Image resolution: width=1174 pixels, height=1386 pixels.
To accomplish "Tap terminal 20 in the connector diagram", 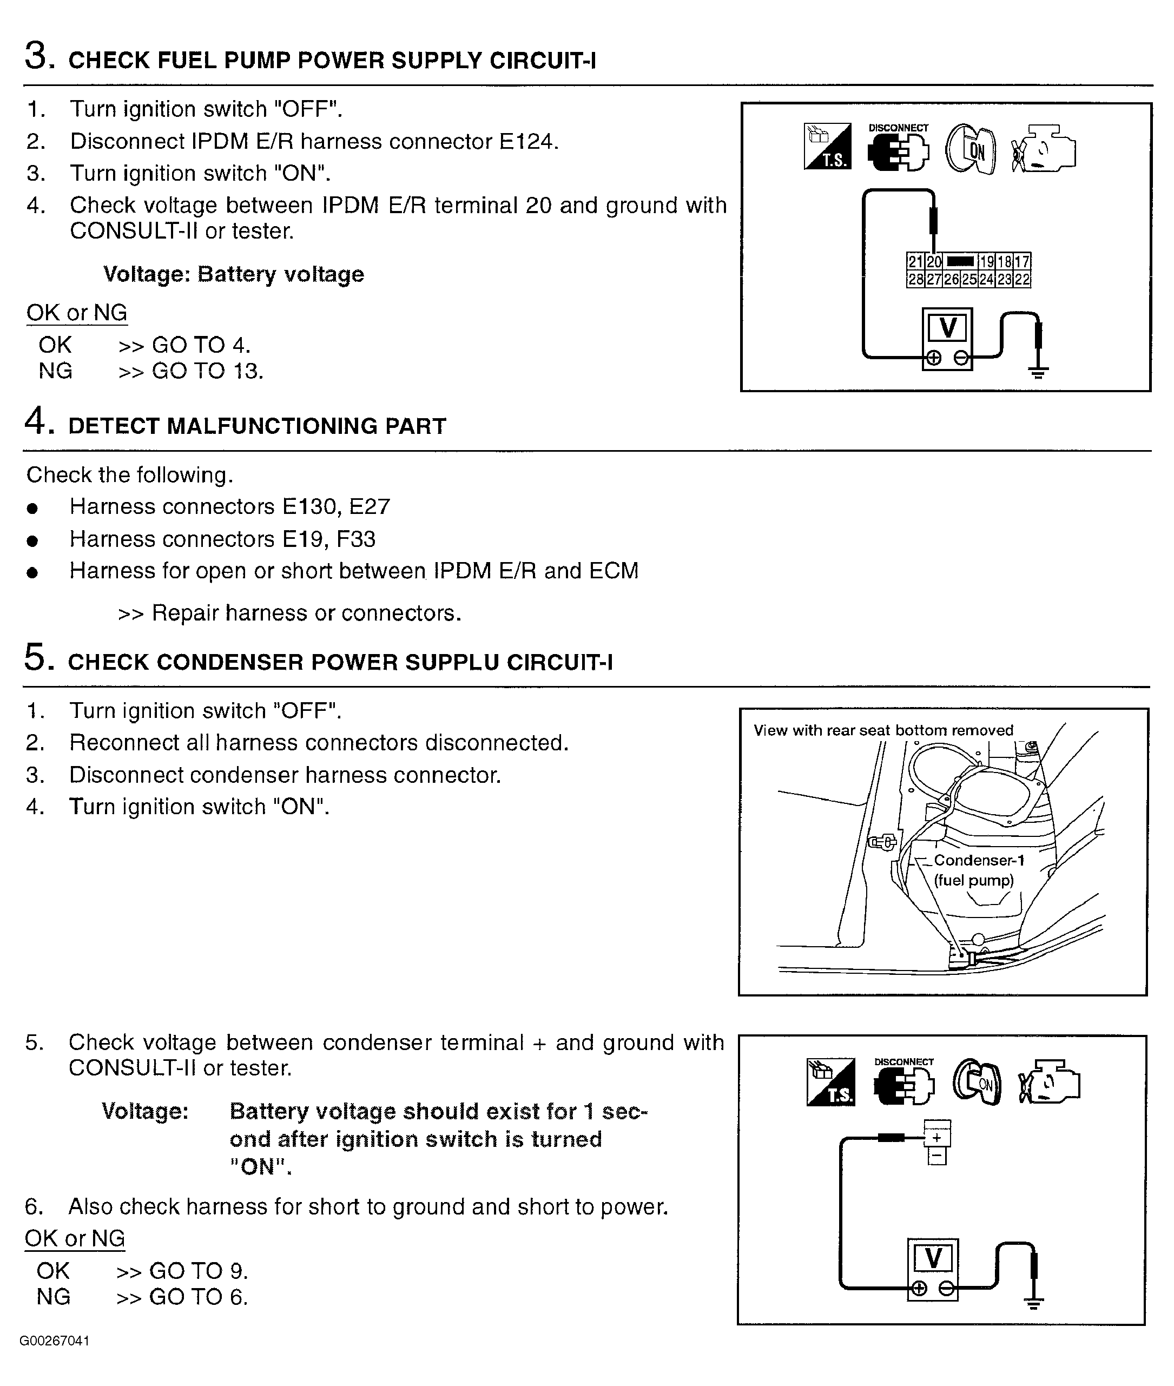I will pos(934,261).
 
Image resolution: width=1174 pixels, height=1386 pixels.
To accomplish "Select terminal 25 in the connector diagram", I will pos(969,280).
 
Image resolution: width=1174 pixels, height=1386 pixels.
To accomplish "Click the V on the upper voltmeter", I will pos(947,328).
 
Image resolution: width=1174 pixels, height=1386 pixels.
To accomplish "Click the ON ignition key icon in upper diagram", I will pos(971,150).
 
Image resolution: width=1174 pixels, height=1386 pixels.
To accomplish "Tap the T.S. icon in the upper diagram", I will pos(827,147).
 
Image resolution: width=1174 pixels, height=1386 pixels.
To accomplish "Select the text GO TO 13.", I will pos(208,371).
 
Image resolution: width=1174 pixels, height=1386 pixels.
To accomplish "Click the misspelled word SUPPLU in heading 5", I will pos(452,663).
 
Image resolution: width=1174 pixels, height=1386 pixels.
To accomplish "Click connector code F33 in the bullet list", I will pos(355,539).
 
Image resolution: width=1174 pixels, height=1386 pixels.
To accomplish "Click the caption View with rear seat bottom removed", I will pos(883,730).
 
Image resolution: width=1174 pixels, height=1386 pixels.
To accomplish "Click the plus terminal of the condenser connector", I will pos(937,1138).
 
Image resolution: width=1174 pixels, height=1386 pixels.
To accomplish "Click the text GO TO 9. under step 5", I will pos(199,1271).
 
